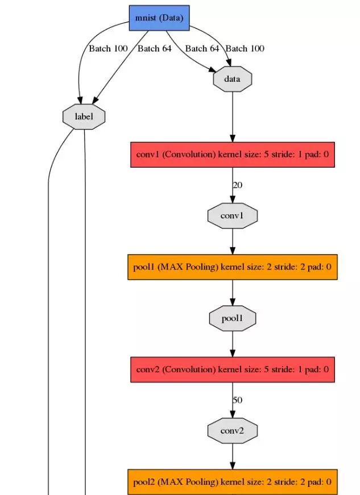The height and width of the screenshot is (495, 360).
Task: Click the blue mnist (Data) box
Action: click(159, 18)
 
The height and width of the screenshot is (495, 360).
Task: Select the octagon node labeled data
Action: click(232, 79)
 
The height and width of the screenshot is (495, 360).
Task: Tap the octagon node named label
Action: click(84, 116)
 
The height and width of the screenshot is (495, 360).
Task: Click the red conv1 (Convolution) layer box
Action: click(233, 154)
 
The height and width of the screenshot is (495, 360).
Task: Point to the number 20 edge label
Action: click(237, 185)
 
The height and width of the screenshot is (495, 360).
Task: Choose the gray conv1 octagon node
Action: click(232, 216)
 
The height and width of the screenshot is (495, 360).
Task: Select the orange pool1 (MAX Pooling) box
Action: click(233, 267)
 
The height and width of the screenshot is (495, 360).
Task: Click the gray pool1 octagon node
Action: click(232, 318)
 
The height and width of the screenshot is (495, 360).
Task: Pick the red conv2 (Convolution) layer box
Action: click(233, 369)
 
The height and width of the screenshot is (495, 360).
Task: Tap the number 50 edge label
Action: click(237, 400)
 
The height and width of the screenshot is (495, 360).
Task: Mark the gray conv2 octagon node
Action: click(232, 431)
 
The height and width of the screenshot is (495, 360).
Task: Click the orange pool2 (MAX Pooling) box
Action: click(233, 482)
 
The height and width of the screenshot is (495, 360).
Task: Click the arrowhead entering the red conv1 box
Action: click(232, 138)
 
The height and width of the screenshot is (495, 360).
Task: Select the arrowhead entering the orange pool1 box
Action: click(232, 251)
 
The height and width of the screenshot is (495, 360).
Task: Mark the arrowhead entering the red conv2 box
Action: click(232, 353)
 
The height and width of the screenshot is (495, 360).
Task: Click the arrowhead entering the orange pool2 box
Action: click(232, 465)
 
